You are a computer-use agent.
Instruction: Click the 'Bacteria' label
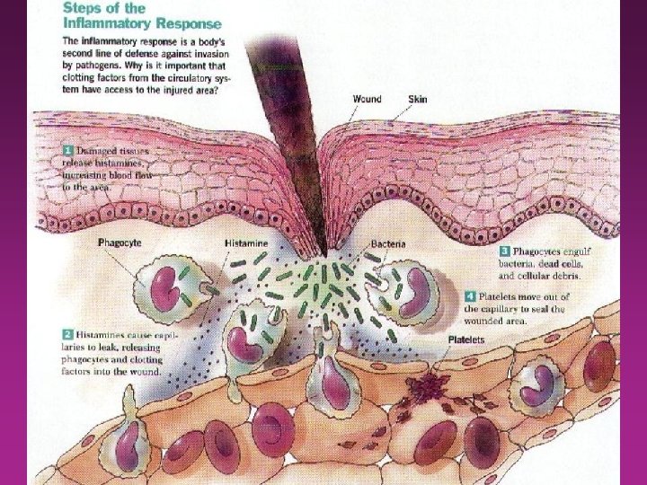point(388,243)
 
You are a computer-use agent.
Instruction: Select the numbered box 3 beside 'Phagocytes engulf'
point(505,251)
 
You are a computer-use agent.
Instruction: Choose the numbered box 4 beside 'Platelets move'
point(471,296)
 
